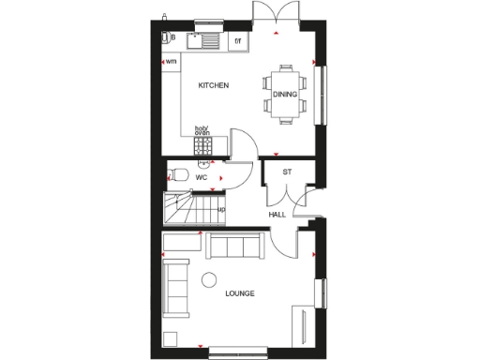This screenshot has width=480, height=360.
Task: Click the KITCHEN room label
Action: [x=214, y=86]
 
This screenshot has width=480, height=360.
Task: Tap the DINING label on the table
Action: [x=285, y=94]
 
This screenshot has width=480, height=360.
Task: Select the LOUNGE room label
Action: [x=239, y=294]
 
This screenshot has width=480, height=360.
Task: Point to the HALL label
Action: [x=277, y=215]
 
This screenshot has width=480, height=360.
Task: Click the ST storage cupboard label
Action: [x=288, y=172]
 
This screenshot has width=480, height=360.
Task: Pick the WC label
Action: [x=201, y=176]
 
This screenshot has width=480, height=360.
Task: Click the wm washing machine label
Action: [x=172, y=62]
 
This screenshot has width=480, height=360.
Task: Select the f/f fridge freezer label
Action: [x=237, y=41]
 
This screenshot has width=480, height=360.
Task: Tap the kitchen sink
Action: [x=203, y=40]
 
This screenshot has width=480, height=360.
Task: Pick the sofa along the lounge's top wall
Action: [x=235, y=247]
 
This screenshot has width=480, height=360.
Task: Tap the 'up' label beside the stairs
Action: [x=221, y=209]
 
